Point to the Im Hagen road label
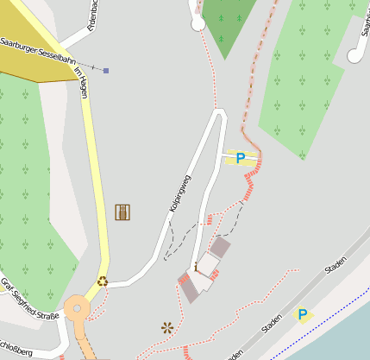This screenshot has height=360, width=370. (82, 82)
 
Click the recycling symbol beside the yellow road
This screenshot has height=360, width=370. (102, 280)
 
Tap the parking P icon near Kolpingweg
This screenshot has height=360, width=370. (241, 158)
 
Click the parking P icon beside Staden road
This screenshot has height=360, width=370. (302, 314)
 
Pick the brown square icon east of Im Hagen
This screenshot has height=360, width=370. (122, 212)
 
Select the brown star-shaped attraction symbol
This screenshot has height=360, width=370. (167, 327)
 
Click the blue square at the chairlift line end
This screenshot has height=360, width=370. (106, 71)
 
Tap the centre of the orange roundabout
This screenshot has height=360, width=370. (77, 307)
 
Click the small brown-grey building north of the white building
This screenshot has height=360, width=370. (221, 248)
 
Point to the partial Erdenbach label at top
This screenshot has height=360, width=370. (93, 16)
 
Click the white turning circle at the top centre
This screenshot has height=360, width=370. (198, 24)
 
